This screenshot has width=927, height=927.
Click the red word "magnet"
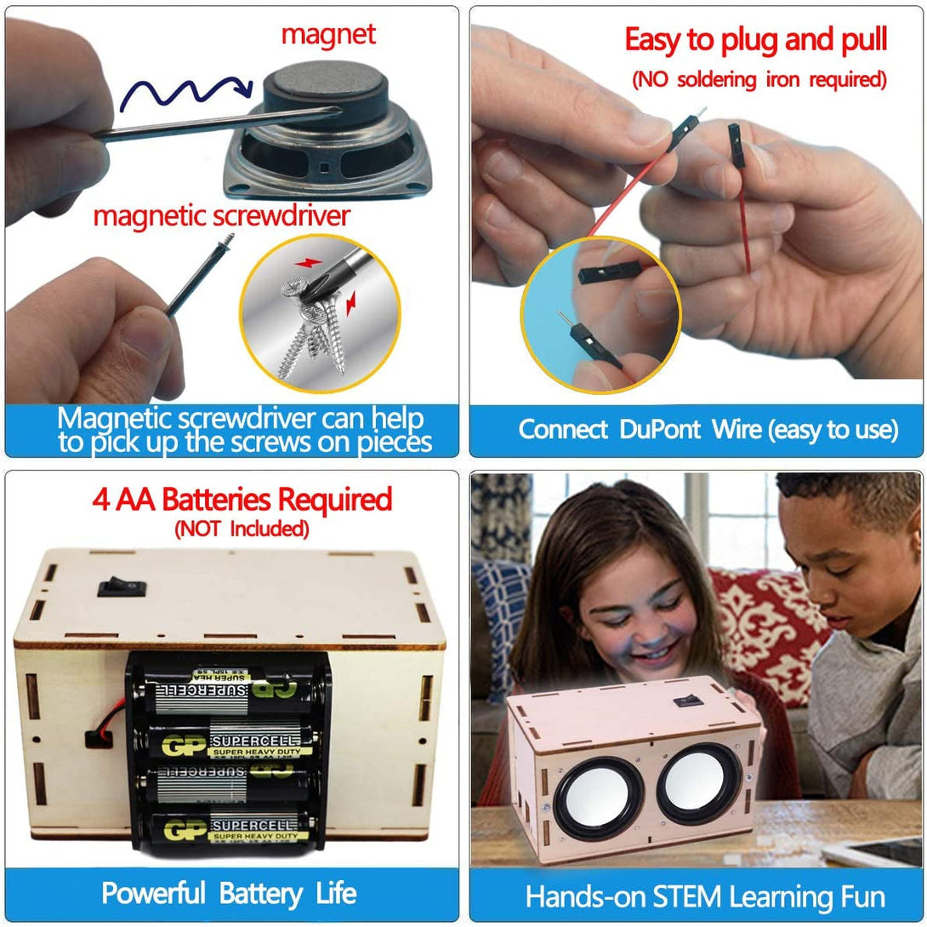327,35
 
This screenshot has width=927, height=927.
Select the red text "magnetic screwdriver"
221,215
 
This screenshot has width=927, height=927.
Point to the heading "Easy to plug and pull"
756,39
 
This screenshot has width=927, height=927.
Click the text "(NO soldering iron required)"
759,80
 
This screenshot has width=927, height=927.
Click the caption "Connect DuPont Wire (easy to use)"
708,429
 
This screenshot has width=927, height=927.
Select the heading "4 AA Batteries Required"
241,499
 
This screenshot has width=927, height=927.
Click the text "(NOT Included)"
241,529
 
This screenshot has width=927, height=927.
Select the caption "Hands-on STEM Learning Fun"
705,896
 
